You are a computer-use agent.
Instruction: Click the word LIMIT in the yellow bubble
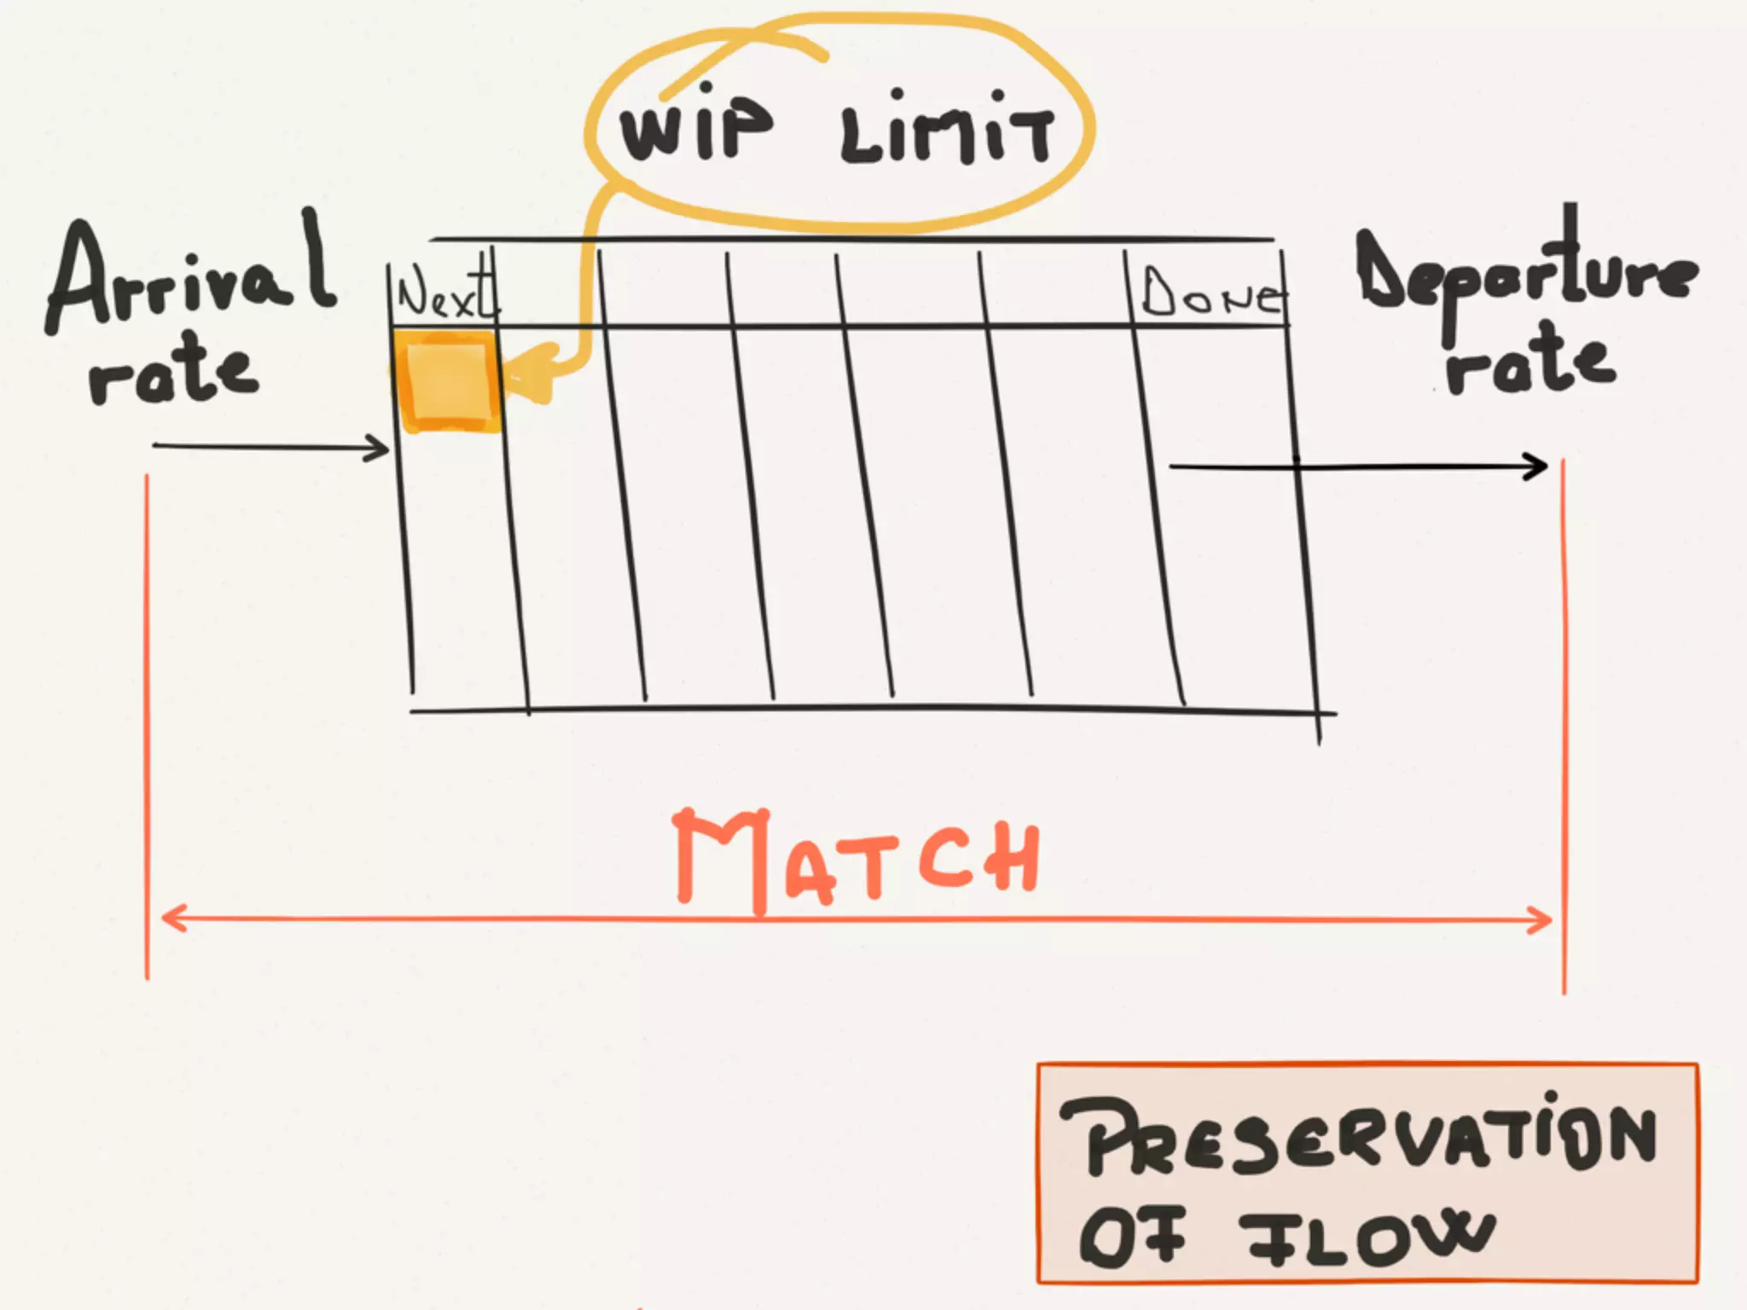[947, 136]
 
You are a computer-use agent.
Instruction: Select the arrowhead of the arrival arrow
[380, 448]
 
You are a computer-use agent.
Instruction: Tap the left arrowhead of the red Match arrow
[171, 919]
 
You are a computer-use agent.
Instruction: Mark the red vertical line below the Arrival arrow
[147, 725]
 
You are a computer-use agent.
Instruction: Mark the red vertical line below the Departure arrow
[1564, 725]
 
